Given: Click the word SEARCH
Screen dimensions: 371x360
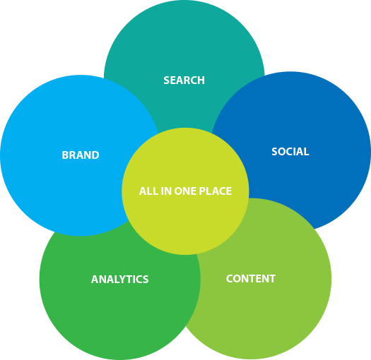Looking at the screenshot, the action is (x=184, y=80).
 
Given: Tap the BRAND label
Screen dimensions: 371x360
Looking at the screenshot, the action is (x=81, y=155).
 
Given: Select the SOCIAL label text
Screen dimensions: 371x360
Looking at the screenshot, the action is (x=290, y=152).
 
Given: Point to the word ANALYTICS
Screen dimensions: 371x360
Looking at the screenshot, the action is (x=120, y=279).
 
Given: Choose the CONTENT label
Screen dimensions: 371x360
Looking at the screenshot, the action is (x=251, y=278).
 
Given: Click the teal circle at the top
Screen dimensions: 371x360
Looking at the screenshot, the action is (x=184, y=47).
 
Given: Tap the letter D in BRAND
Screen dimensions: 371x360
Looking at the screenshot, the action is (x=95, y=155).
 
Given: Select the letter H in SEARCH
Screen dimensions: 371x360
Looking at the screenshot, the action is (x=201, y=80).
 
